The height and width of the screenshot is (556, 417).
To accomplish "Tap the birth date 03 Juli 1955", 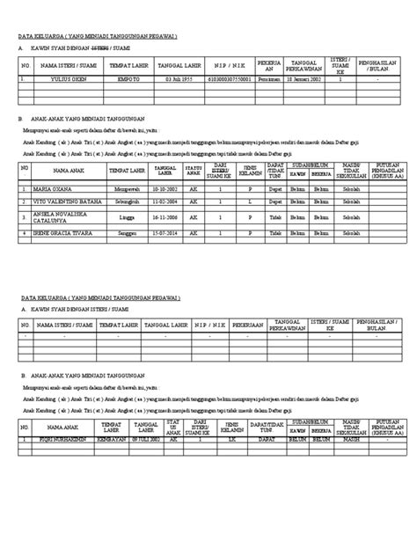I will click(178, 78).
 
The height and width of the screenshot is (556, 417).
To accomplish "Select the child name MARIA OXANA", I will click(54, 187).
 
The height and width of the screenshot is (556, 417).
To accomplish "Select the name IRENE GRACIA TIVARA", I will click(62, 233).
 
